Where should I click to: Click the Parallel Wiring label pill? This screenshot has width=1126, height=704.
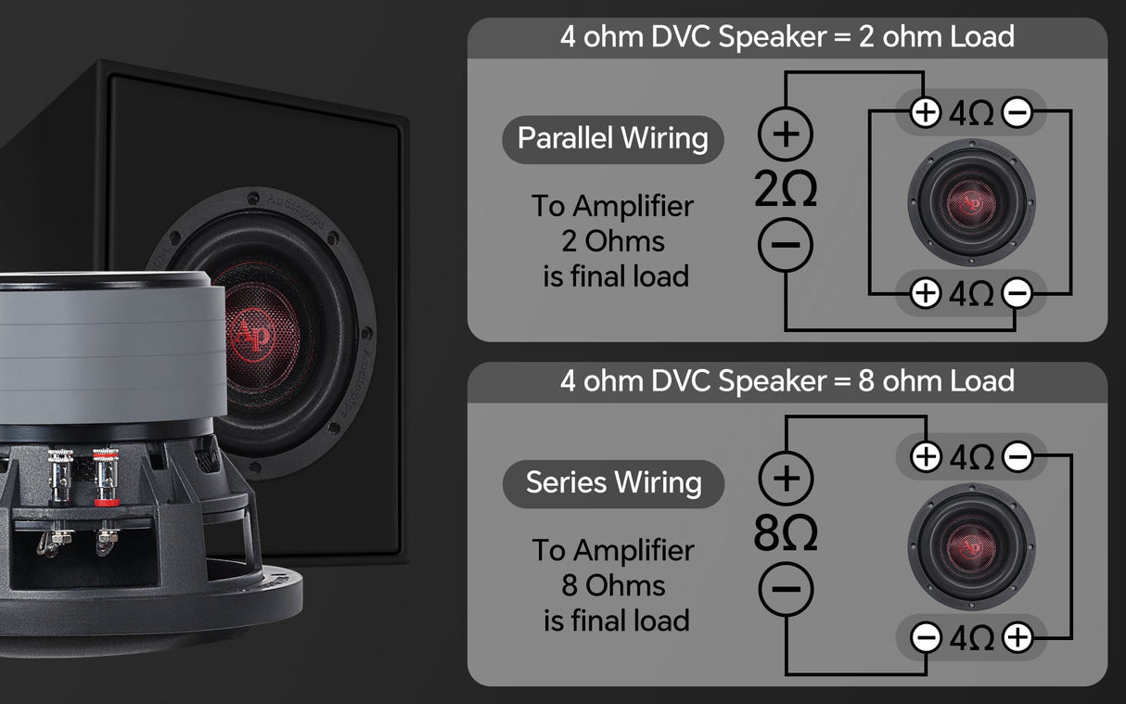click(x=613, y=139)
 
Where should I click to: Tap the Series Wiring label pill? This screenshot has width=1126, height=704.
click(x=613, y=484)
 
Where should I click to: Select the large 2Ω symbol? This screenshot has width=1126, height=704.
click(x=786, y=189)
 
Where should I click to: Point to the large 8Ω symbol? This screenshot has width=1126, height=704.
click(x=786, y=533)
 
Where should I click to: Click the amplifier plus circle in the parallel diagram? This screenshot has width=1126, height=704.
click(x=786, y=134)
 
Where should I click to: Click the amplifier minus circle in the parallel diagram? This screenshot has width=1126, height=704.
click(x=786, y=245)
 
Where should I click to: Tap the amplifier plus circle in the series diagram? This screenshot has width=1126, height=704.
click(x=786, y=479)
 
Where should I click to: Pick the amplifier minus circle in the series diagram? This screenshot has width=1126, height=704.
click(x=786, y=589)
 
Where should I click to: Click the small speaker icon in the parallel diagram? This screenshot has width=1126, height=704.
click(x=971, y=202)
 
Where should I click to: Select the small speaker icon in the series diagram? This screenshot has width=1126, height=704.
click(x=971, y=547)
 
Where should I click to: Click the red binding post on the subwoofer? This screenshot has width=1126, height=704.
click(x=106, y=478)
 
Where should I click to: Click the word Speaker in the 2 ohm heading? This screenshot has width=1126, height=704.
click(x=772, y=37)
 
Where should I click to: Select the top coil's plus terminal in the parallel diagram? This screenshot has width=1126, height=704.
click(x=926, y=112)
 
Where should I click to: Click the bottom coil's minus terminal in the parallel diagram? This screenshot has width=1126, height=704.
click(x=1017, y=293)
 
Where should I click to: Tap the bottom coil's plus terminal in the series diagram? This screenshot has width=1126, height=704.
click(x=1017, y=637)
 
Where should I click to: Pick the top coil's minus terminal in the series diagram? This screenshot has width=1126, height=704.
click(x=1017, y=457)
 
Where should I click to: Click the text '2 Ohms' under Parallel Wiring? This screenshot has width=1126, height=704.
click(x=613, y=241)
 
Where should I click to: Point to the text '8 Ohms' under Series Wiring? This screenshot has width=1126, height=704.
click(x=613, y=585)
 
